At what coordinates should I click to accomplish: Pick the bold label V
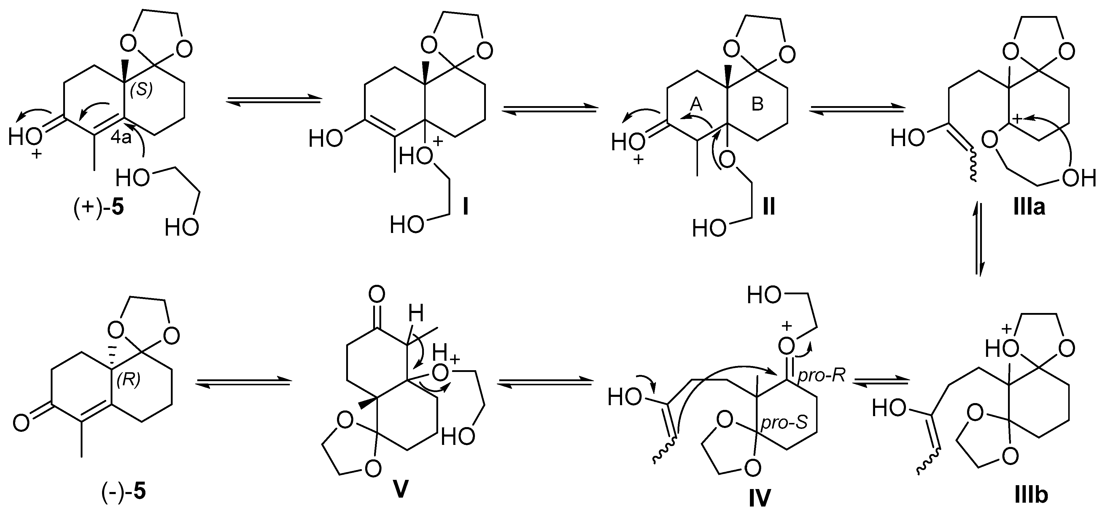pyautogui.click(x=400, y=490)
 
